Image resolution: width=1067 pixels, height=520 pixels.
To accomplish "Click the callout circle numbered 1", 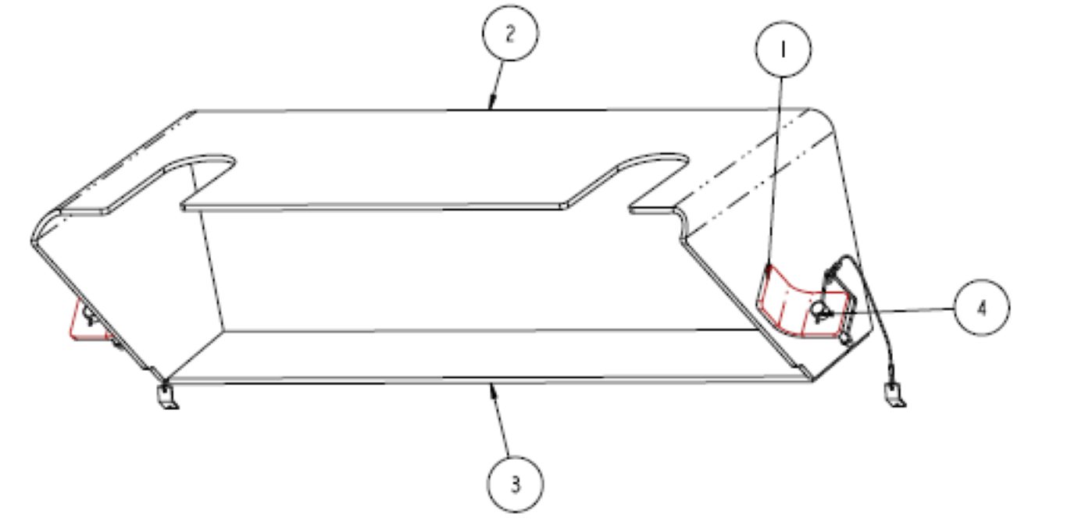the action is [783, 49].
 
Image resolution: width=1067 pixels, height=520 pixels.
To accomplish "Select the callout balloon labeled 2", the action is [510, 33].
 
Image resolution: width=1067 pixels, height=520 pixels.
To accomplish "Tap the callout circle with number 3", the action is [515, 484].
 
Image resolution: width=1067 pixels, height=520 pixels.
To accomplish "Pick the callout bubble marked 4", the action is [982, 308].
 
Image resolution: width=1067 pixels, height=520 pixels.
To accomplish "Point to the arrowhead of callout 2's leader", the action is [491, 104].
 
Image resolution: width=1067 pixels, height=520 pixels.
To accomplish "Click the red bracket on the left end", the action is [90, 320].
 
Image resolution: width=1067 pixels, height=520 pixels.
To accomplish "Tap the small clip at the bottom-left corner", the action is [166, 396].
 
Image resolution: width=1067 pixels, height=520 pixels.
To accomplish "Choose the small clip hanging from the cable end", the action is [894, 395].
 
